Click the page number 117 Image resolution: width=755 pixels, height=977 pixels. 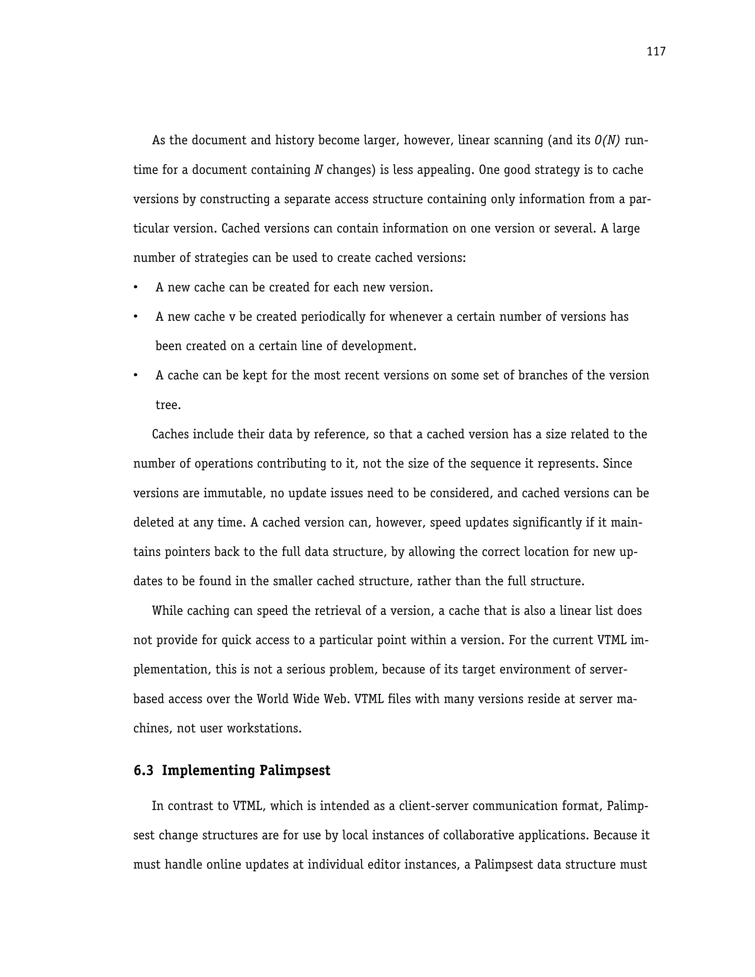click(x=656, y=52)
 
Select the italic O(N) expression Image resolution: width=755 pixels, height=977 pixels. click(x=607, y=140)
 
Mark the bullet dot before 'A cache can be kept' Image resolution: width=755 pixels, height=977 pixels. click(x=135, y=376)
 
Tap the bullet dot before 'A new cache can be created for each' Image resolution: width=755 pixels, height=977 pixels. click(x=135, y=288)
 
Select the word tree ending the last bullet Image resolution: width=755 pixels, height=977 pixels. click(x=168, y=405)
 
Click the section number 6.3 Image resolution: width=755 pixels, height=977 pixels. click(x=143, y=771)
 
